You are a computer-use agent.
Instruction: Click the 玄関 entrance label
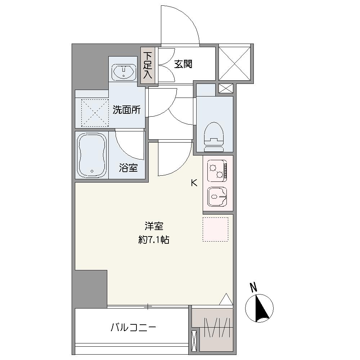pos(183,64)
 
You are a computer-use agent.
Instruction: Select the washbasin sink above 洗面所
pos(124,71)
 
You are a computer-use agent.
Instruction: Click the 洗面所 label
pos(126,110)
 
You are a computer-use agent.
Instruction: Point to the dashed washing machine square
pos(95,113)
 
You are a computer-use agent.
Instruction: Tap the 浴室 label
pos(129,168)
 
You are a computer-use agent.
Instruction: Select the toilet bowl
pos(213,137)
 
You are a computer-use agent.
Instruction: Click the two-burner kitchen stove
pos(217,171)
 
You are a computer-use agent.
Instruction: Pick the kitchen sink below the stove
pos(217,197)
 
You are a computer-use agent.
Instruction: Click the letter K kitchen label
pos(194,183)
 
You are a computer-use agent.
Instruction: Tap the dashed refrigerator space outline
pos(215,229)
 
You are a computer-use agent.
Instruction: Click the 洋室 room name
pos(154,226)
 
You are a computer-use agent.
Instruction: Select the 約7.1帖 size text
pos(154,240)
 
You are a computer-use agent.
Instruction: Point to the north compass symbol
pos(259,308)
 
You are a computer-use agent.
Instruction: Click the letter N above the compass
pos(253,287)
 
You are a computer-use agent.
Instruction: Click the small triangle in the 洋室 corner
pos(226,299)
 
